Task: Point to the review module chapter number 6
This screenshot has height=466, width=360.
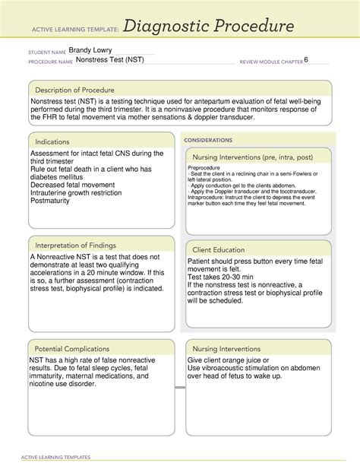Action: [306, 59]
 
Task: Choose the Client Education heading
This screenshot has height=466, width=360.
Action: [219, 249]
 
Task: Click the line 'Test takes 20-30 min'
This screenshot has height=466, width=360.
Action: [229, 278]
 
